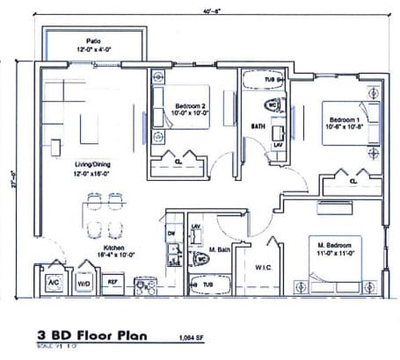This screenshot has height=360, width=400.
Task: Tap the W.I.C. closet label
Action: click(x=264, y=264)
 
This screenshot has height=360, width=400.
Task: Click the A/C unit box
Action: click(x=52, y=283)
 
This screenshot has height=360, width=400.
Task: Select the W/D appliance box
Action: click(x=86, y=283)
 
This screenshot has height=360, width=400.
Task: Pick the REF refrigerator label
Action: click(x=113, y=283)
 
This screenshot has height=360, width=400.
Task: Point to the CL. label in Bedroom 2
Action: click(x=178, y=162)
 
